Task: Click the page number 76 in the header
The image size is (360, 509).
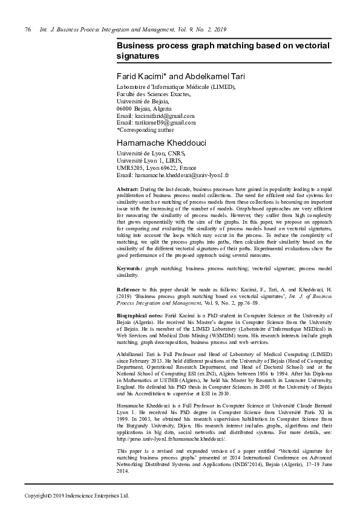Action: [27, 29]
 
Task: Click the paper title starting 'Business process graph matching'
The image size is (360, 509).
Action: [223, 50]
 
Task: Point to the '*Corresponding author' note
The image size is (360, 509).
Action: [145, 129]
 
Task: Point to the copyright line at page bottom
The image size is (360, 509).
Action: [77, 496]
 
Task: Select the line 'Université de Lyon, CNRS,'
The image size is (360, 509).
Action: [149, 154]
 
